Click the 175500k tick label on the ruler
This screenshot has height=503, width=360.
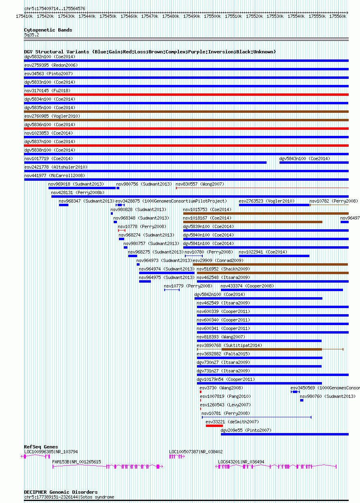point(212,17)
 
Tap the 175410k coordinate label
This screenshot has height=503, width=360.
point(24,17)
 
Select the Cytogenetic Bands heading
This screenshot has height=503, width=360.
point(48,30)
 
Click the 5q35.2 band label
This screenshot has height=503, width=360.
point(32,35)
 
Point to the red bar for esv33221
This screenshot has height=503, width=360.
point(214,426)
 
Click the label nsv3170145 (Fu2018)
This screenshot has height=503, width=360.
point(47,91)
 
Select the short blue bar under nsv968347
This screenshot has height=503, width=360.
point(64,205)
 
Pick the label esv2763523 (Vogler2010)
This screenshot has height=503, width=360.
point(267,201)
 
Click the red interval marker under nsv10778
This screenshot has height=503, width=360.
point(122,230)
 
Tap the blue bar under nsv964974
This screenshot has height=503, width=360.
point(167,273)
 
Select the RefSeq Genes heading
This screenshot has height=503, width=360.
point(41,447)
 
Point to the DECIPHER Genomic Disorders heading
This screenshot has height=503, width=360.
point(61,492)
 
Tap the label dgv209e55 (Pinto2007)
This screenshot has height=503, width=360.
point(246,430)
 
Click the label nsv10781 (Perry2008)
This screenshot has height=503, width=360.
point(226,413)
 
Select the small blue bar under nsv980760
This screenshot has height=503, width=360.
point(302,400)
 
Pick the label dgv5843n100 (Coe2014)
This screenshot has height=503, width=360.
point(305,159)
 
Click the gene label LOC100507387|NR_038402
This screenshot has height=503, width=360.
point(196,452)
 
